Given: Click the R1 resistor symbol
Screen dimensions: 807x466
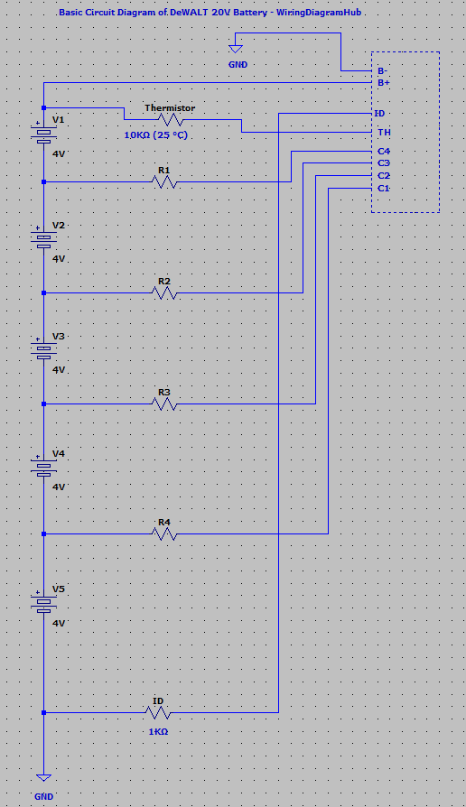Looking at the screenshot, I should point(164,181).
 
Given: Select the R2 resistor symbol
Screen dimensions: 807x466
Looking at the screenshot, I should point(164,292).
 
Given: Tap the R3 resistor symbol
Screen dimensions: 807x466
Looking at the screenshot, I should point(164,403).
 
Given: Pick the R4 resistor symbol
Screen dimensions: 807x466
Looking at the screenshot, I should point(164,533).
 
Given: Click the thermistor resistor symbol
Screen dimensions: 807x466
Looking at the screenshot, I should point(171,119).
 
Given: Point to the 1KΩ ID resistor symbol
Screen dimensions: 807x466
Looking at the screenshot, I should point(158,712).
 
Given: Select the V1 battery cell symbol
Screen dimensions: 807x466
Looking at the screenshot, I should point(43,135).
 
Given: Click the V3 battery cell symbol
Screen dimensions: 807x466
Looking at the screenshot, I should point(43,351).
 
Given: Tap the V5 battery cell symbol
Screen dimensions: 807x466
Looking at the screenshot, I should point(43,604).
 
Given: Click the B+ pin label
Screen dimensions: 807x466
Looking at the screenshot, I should point(384,83).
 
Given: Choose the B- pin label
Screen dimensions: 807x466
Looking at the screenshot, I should point(383,70).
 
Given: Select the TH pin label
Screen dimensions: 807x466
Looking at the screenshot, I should point(384,133).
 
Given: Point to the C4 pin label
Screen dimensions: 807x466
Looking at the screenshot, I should point(384,151).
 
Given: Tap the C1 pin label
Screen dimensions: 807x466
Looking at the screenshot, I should point(384,188).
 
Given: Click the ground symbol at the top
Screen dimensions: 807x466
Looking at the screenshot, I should point(237,43).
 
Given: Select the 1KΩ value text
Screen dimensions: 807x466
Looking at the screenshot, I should point(158,731).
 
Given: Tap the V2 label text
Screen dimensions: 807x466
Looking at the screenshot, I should point(59,225).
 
